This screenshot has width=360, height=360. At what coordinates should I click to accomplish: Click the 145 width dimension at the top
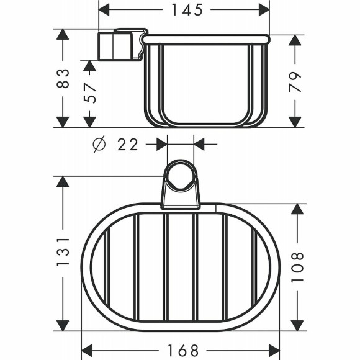pos(185,10)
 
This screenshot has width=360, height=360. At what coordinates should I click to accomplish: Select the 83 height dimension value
pos(62,78)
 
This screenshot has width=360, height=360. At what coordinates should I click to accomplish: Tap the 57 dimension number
pos(91,94)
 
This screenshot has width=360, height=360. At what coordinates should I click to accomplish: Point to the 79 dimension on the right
pos(297,81)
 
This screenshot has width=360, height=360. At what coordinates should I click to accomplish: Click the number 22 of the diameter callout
pos(128,145)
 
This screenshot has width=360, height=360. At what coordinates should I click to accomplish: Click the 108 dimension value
pos(297,267)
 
